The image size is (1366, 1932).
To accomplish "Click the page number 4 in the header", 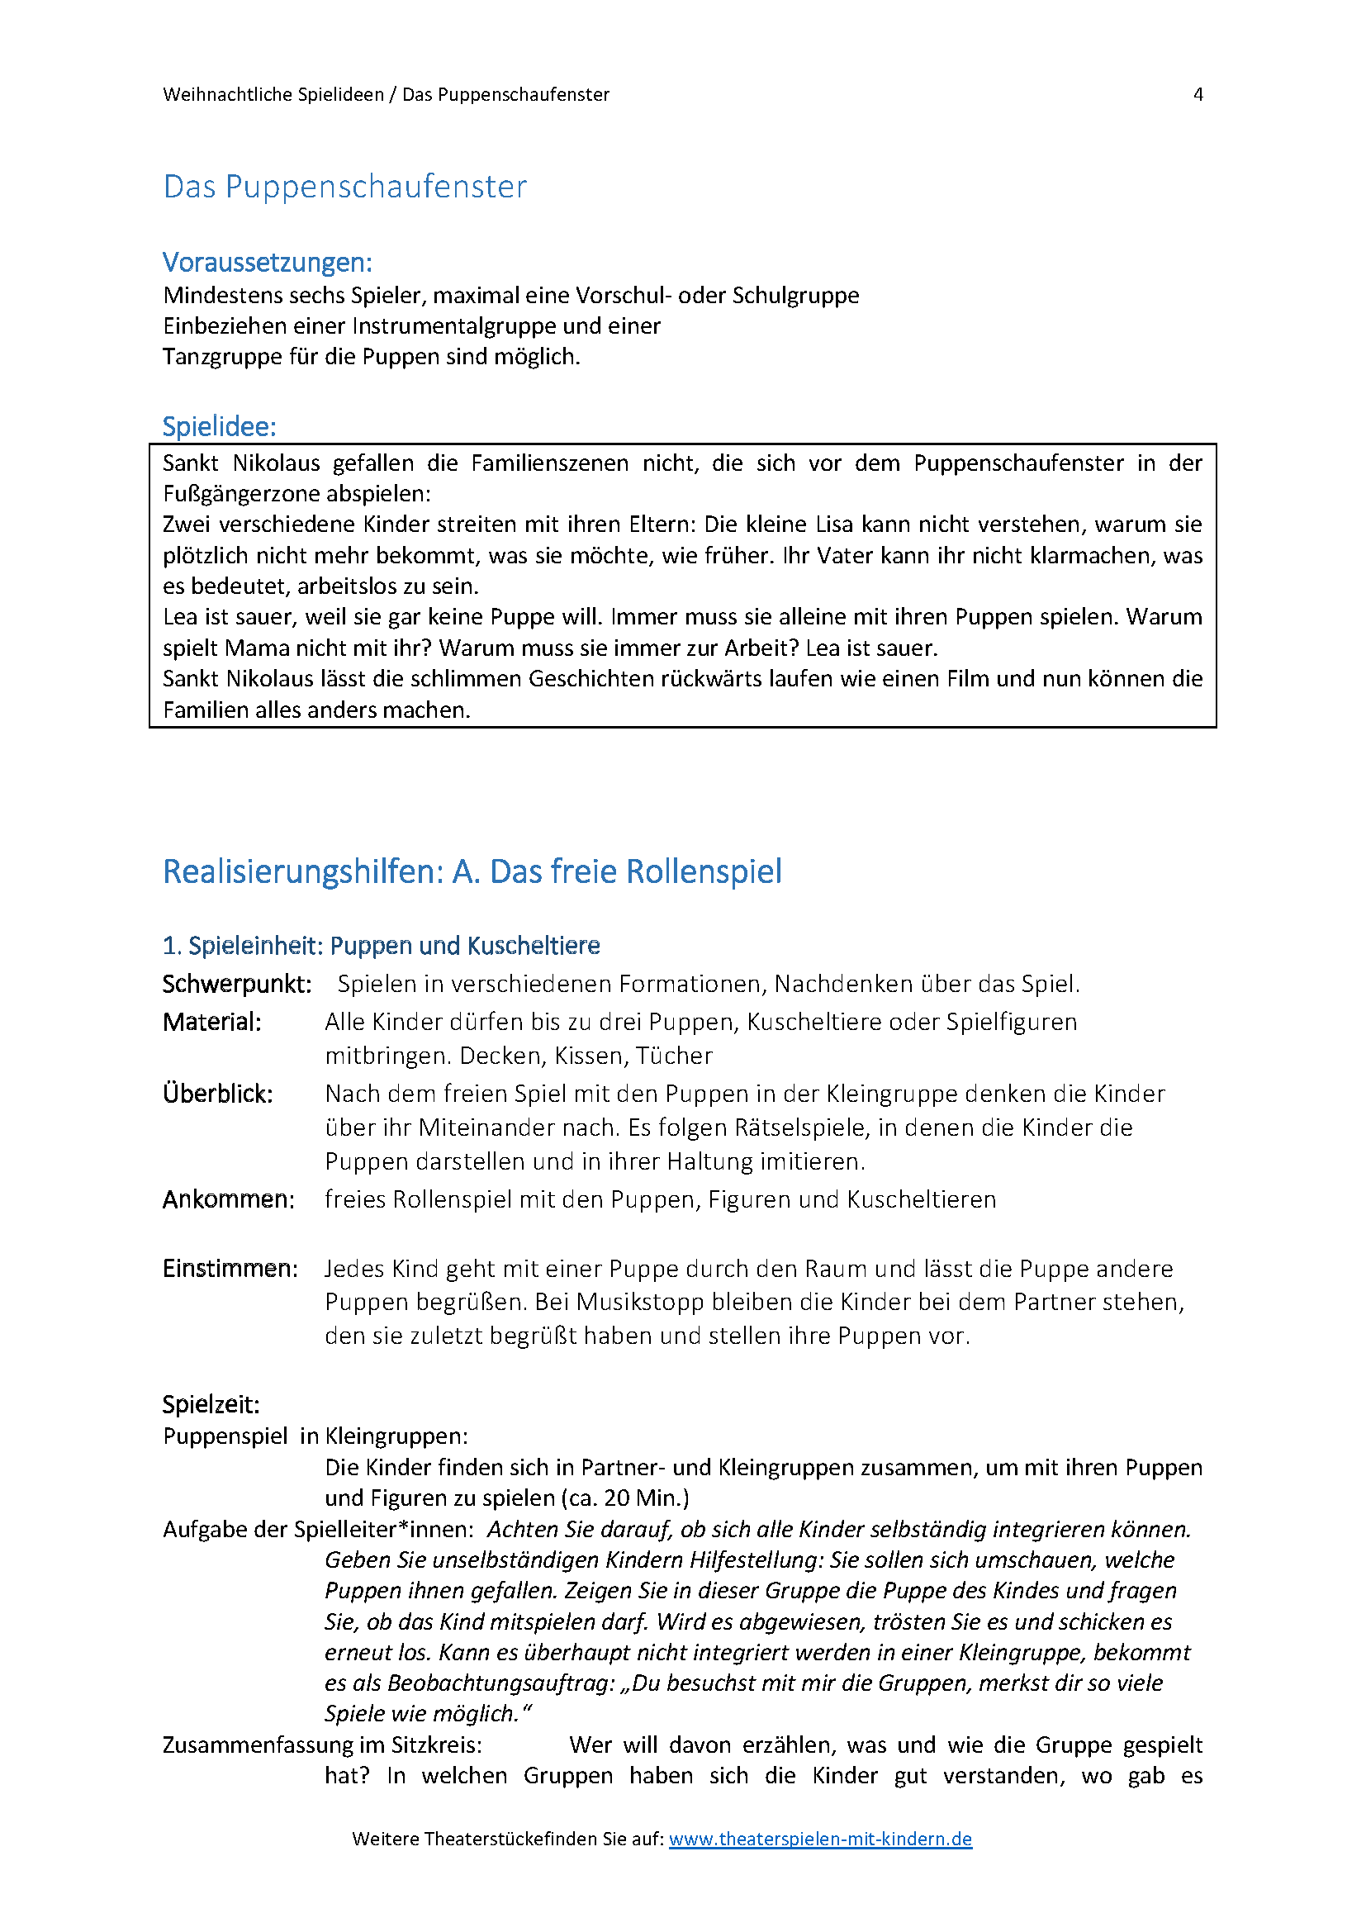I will (1198, 94).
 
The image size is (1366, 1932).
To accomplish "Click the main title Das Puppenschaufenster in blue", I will (345, 187).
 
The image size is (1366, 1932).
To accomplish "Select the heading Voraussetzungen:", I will (268, 263).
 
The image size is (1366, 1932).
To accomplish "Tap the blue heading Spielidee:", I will (219, 426).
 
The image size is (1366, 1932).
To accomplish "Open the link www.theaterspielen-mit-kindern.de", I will (820, 1839).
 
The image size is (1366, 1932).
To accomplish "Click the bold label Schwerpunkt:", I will (237, 984).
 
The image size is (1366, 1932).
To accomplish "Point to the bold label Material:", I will (212, 1022).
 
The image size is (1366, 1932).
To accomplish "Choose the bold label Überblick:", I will (218, 1094).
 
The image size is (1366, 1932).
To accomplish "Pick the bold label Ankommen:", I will (229, 1199).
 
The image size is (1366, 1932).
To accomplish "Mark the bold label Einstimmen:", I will (230, 1268).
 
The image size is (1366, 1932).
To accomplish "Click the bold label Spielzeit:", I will (211, 1404).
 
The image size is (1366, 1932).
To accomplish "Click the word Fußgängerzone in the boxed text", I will (252, 493).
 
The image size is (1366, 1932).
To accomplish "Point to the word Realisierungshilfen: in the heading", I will (303, 871).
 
